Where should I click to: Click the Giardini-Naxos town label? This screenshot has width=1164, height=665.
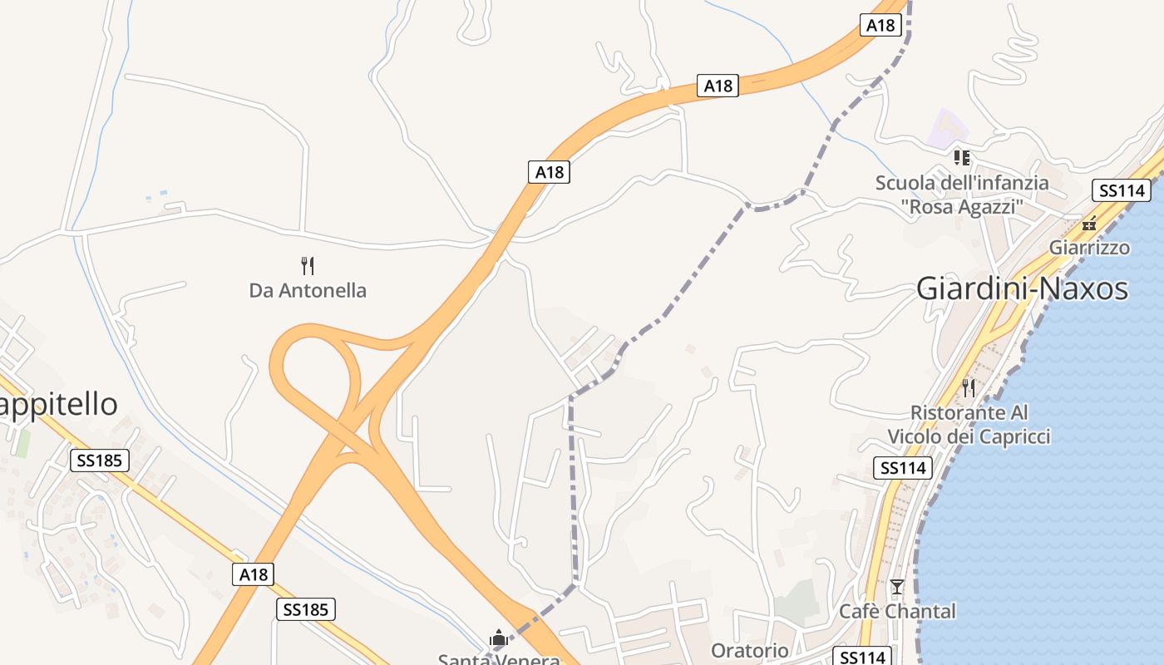pyautogui.click(x=1022, y=288)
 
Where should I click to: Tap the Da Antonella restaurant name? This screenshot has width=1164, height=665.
pyautogui.click(x=308, y=291)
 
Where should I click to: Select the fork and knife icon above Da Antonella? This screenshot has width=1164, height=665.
pyautogui.click(x=308, y=266)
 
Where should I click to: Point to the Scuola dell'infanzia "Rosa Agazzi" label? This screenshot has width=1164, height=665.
pyautogui.click(x=962, y=195)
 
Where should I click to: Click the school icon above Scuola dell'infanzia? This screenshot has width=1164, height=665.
pyautogui.click(x=962, y=157)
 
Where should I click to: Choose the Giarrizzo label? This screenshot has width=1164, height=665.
pyautogui.click(x=1089, y=248)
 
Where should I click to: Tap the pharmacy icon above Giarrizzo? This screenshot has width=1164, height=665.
pyautogui.click(x=1089, y=224)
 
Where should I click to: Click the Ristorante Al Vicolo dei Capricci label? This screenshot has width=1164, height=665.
pyautogui.click(x=969, y=425)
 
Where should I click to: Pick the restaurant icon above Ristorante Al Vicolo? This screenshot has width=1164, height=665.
pyautogui.click(x=969, y=387)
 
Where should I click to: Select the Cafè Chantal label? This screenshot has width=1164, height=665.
pyautogui.click(x=897, y=612)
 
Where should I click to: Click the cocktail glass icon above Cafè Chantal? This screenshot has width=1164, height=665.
pyautogui.click(x=896, y=587)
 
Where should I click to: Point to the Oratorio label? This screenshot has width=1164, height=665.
pyautogui.click(x=750, y=650)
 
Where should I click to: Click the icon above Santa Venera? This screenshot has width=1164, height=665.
pyautogui.click(x=499, y=638)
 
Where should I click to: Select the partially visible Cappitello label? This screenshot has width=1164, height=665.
pyautogui.click(x=58, y=405)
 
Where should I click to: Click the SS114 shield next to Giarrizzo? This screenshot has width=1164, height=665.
pyautogui.click(x=1122, y=190)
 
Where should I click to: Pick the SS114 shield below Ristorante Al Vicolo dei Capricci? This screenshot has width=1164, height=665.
pyautogui.click(x=902, y=468)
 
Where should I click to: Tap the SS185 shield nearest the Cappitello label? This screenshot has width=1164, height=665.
pyautogui.click(x=100, y=461)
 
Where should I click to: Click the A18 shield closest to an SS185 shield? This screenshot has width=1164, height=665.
pyautogui.click(x=254, y=574)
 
